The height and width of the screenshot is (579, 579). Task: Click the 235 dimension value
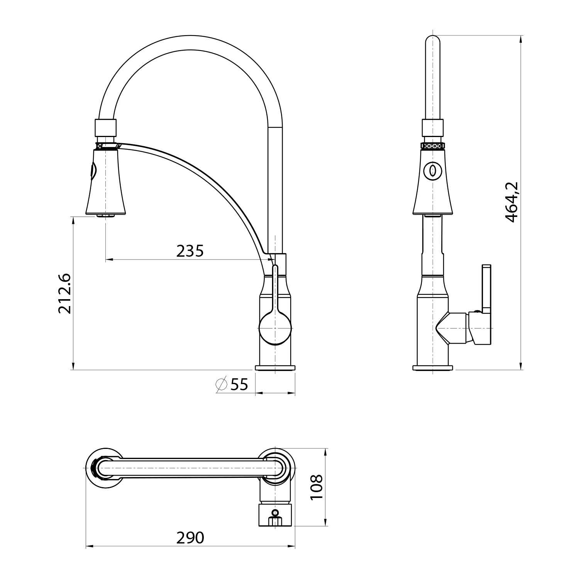tap(190, 251)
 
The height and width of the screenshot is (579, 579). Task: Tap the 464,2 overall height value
tap(512, 202)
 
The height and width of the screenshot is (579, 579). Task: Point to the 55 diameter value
tap(239, 384)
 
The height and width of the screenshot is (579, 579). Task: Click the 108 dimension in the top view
tap(317, 487)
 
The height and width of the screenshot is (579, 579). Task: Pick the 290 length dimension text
tap(190, 537)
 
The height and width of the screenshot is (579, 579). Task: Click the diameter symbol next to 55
tap(222, 384)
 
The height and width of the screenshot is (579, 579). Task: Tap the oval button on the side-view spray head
tap(432, 170)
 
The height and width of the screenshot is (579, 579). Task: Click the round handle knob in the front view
tap(275, 328)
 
